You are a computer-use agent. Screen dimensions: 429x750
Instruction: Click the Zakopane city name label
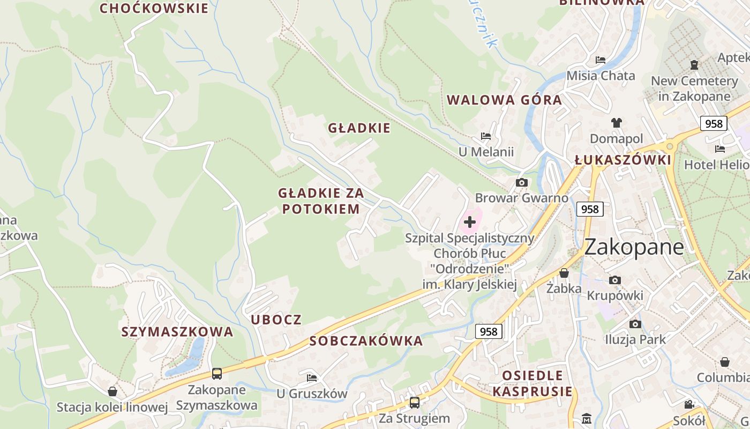click(634, 247)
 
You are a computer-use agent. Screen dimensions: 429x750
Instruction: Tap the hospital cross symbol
click(470, 222)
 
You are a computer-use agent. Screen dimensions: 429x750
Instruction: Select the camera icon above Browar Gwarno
click(521, 183)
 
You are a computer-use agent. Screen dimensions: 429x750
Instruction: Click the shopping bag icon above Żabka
click(564, 273)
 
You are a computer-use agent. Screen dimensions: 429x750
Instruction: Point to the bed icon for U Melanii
click(486, 136)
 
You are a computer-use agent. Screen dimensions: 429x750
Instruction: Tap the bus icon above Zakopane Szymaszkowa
click(216, 373)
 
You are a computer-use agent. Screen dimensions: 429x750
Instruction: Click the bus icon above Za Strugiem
click(414, 402)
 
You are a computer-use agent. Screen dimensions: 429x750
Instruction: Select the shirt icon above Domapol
click(616, 123)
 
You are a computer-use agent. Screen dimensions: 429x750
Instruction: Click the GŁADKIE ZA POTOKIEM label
click(320, 201)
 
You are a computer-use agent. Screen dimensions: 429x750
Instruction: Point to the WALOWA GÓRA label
click(504, 100)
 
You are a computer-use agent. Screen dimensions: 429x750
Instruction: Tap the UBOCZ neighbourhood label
click(276, 320)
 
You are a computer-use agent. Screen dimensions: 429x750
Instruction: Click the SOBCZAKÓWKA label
click(366, 341)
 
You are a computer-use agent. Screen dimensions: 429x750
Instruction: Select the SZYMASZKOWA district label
click(177, 332)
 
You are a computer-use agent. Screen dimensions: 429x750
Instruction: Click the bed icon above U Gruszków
click(312, 378)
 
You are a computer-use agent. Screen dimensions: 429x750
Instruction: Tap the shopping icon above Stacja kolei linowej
click(112, 391)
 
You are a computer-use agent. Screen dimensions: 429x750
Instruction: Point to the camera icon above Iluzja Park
click(635, 324)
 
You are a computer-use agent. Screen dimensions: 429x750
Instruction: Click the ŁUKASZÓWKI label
click(622, 160)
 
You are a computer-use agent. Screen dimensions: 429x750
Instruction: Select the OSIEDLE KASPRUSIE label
click(532, 383)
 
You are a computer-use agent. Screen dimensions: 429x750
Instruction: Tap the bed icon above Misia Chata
click(601, 60)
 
